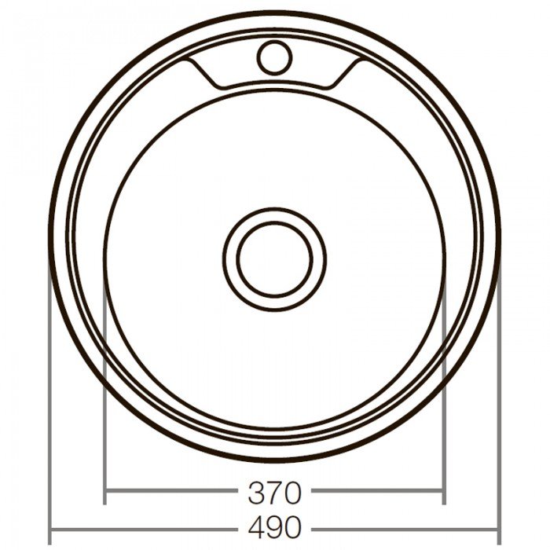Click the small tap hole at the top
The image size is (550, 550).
tap(275, 57)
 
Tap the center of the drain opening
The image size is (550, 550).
tap(274, 258)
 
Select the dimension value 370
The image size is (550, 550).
tap(274, 493)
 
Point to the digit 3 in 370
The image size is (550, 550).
tap(256, 493)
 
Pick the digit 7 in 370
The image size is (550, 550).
tap(274, 493)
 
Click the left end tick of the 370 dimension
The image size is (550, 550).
tap(105, 493)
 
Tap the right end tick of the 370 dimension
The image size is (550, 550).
tap(444, 493)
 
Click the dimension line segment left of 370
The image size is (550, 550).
tap(173, 493)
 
